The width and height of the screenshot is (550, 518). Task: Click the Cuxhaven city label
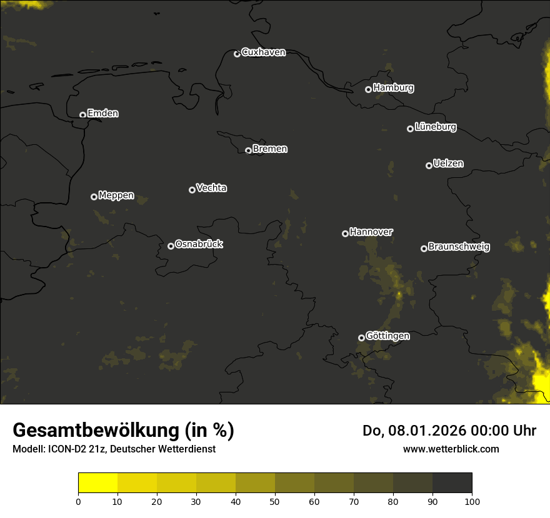point(263,52)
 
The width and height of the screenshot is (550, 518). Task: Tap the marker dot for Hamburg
point(368,89)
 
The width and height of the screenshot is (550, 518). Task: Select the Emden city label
point(102,114)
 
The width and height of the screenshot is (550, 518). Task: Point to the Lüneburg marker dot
point(410,129)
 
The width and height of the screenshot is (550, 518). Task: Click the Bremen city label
point(270,149)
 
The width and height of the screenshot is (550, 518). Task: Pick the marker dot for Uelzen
point(429,165)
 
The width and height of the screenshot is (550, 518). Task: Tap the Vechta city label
point(211,188)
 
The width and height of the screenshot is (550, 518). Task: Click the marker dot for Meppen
point(94,197)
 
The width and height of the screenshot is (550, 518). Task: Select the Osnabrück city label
point(199,244)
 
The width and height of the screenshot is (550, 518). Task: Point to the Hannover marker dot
point(345,233)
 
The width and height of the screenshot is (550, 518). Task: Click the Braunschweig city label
point(459,247)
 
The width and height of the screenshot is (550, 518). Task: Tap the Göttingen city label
point(387,336)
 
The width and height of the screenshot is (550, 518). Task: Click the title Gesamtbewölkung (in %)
point(123,431)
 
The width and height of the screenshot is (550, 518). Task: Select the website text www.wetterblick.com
point(451,449)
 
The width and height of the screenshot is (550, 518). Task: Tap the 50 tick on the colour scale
point(275,501)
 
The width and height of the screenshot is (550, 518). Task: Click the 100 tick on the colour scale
point(472,501)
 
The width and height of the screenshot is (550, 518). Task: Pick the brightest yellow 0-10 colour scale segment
point(97,483)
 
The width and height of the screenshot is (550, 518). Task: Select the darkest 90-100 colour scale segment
point(452,483)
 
